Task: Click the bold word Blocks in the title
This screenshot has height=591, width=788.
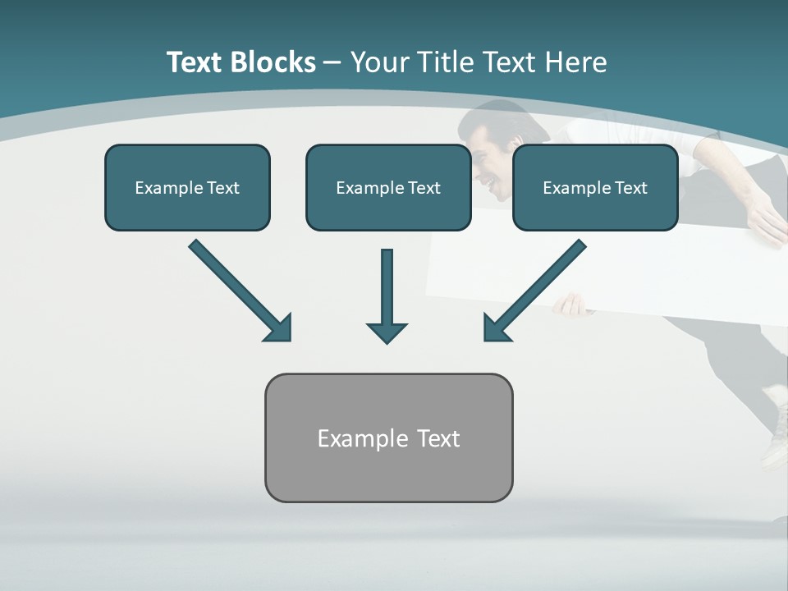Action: click(x=276, y=62)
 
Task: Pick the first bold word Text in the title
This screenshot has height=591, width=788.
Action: click(x=197, y=62)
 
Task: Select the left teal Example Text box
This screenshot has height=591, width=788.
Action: click(x=187, y=188)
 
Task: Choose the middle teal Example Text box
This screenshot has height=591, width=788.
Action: click(x=388, y=188)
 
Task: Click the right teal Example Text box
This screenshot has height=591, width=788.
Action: click(x=595, y=188)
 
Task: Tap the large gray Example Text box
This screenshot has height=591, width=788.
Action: click(x=388, y=438)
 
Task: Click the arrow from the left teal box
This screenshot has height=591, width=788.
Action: click(x=241, y=290)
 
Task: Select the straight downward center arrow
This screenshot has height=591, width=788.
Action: click(x=387, y=295)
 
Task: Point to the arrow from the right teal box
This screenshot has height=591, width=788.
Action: click(x=534, y=290)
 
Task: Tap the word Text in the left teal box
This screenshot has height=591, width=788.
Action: click(x=222, y=188)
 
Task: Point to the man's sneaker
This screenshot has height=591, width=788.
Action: click(x=776, y=435)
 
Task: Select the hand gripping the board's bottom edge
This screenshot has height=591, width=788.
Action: click(x=571, y=306)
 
